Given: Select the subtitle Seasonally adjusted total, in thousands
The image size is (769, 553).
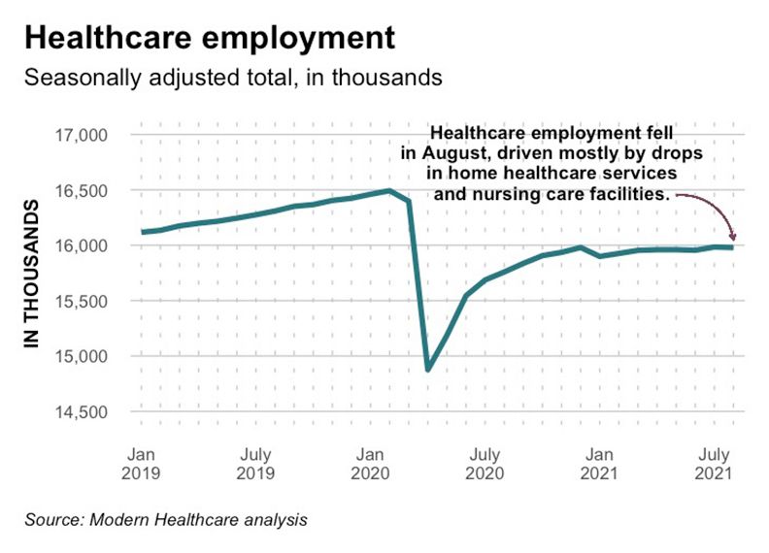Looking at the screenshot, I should tap(234, 78).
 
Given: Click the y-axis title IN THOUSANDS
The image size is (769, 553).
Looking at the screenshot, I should tap(31, 275).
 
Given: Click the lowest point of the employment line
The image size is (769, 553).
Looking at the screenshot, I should tap(428, 369).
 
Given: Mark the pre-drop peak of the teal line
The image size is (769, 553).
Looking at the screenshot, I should tap(389, 190).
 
